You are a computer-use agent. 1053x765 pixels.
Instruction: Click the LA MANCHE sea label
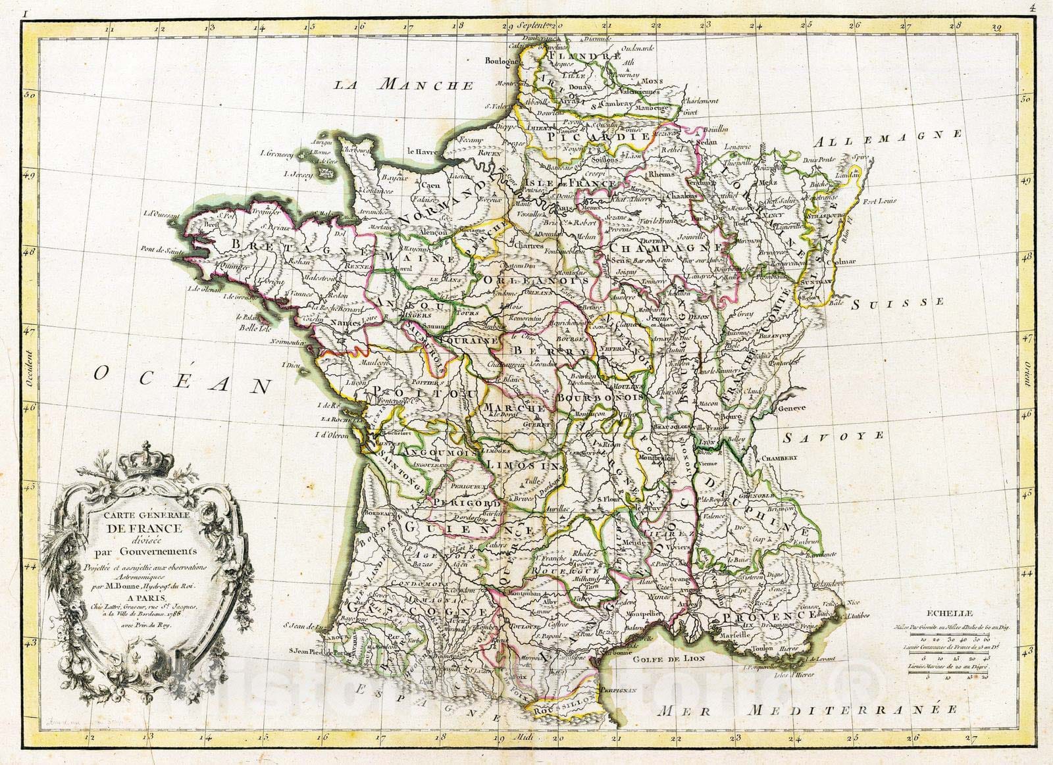coord(413,85)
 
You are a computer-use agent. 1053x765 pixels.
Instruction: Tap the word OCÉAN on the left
coord(182,380)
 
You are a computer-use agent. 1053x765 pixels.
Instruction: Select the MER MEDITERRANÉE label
coord(809,710)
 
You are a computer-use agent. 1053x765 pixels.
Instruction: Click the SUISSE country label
coord(898,303)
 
